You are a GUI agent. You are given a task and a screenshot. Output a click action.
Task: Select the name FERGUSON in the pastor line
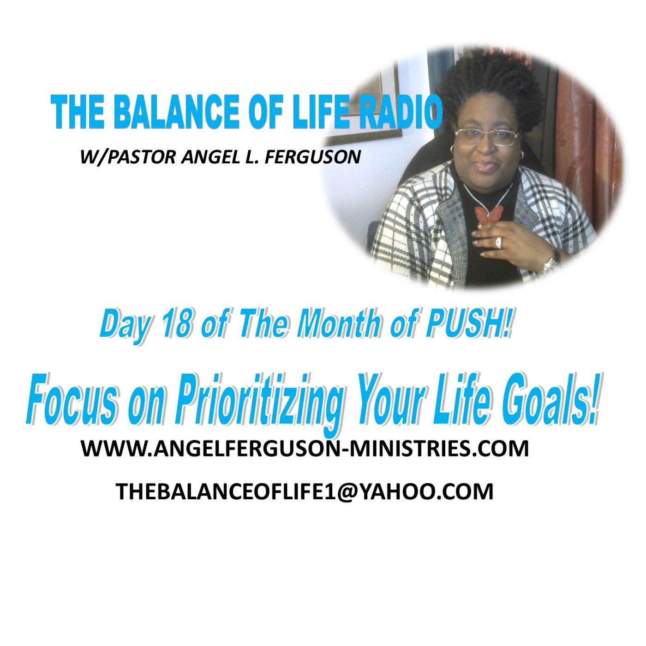tap(312, 157)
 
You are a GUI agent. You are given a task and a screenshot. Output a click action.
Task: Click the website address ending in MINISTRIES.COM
tap(305, 449)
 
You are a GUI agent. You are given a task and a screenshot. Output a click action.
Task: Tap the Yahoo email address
tap(305, 492)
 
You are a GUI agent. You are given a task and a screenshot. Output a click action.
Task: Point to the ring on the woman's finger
tap(500, 242)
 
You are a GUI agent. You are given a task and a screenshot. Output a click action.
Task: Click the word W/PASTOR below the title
tap(128, 157)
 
